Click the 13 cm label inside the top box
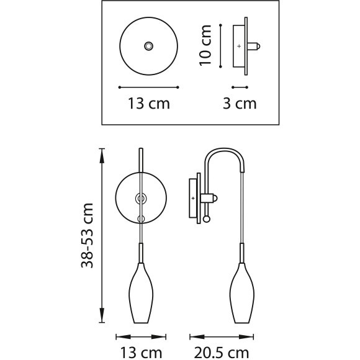pyautogui.click(x=148, y=103)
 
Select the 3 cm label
pyautogui.click(x=240, y=103)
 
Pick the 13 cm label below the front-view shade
pyautogui.click(x=141, y=352)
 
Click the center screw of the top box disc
pyautogui.click(x=148, y=47)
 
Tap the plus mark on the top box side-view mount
pyautogui.click(x=239, y=46)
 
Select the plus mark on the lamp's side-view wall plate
pyautogui.click(x=193, y=197)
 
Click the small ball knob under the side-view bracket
pyautogui.click(x=206, y=218)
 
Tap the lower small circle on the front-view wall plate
pyautogui.click(x=142, y=218)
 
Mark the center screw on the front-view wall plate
pyautogui.click(x=142, y=198)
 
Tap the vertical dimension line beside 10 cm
pyautogui.click(x=221, y=45)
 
